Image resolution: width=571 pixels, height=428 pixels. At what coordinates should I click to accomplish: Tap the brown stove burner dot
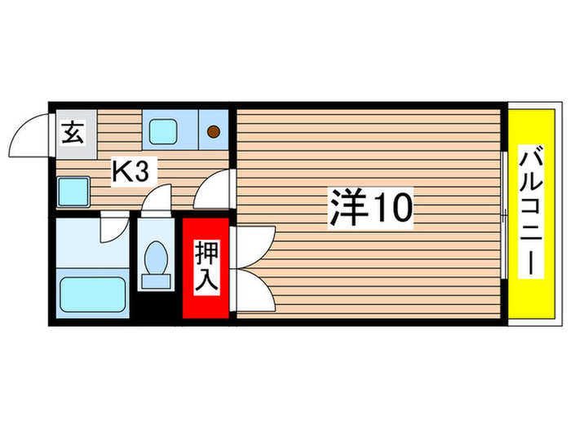point(214,130)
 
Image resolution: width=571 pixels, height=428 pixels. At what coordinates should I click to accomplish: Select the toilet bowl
point(154,258)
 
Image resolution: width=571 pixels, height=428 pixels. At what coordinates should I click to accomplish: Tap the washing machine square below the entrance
point(72,192)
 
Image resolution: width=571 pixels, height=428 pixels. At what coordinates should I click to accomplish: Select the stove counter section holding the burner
point(214,129)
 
